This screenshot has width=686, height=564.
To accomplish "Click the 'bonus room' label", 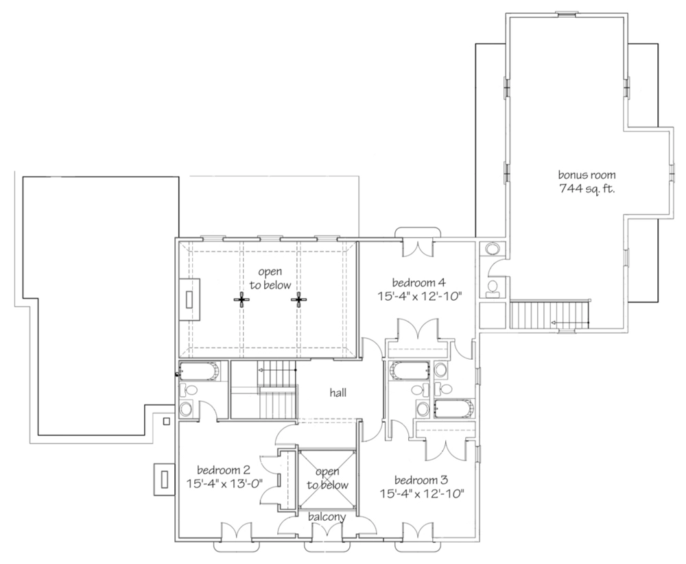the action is (587, 175).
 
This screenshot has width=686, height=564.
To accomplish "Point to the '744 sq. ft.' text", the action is (587, 189).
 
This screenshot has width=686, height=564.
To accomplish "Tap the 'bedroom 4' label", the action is (418, 282).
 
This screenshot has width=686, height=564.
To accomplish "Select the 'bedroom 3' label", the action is (421, 480).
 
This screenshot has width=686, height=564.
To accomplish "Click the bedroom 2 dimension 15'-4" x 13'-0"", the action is (224, 483).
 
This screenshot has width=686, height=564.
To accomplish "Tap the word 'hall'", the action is (338, 393).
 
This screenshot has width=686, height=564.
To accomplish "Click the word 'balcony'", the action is (327, 517).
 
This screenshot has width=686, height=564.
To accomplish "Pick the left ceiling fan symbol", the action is (241, 300).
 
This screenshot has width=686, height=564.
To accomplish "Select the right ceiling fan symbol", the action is (299, 300).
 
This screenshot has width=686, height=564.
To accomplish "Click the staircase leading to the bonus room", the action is (549, 314).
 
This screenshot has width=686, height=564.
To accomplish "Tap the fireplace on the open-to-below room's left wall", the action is (189, 299).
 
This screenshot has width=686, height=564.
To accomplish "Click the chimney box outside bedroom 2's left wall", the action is (165, 479).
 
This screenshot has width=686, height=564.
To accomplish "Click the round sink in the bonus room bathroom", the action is (492, 249).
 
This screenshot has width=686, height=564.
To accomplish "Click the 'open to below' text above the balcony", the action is (327, 478).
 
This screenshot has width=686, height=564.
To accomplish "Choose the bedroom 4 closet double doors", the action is (418, 329).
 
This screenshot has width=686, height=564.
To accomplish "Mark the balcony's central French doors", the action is (327, 532).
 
